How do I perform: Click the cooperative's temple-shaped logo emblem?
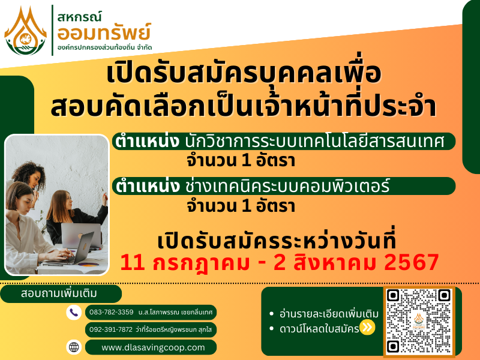click(25, 31)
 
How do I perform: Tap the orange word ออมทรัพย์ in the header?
click(104, 32)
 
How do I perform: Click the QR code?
click(418, 322)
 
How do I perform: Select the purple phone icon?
click(74, 313)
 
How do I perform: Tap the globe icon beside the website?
click(74, 347)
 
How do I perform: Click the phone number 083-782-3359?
click(112, 312)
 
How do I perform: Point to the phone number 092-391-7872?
click(111, 329)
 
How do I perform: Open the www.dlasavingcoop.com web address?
click(153, 347)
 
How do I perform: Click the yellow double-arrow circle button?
click(367, 327)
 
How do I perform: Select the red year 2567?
click(412, 263)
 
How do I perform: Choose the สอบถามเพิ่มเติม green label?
click(59, 293)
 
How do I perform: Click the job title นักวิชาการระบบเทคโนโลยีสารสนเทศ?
click(314, 142)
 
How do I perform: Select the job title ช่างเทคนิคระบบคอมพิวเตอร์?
click(287, 186)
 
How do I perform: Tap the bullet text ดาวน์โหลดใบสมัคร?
click(319, 329)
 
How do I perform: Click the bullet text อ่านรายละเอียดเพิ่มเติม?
click(329, 314)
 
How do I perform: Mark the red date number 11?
click(133, 263)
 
